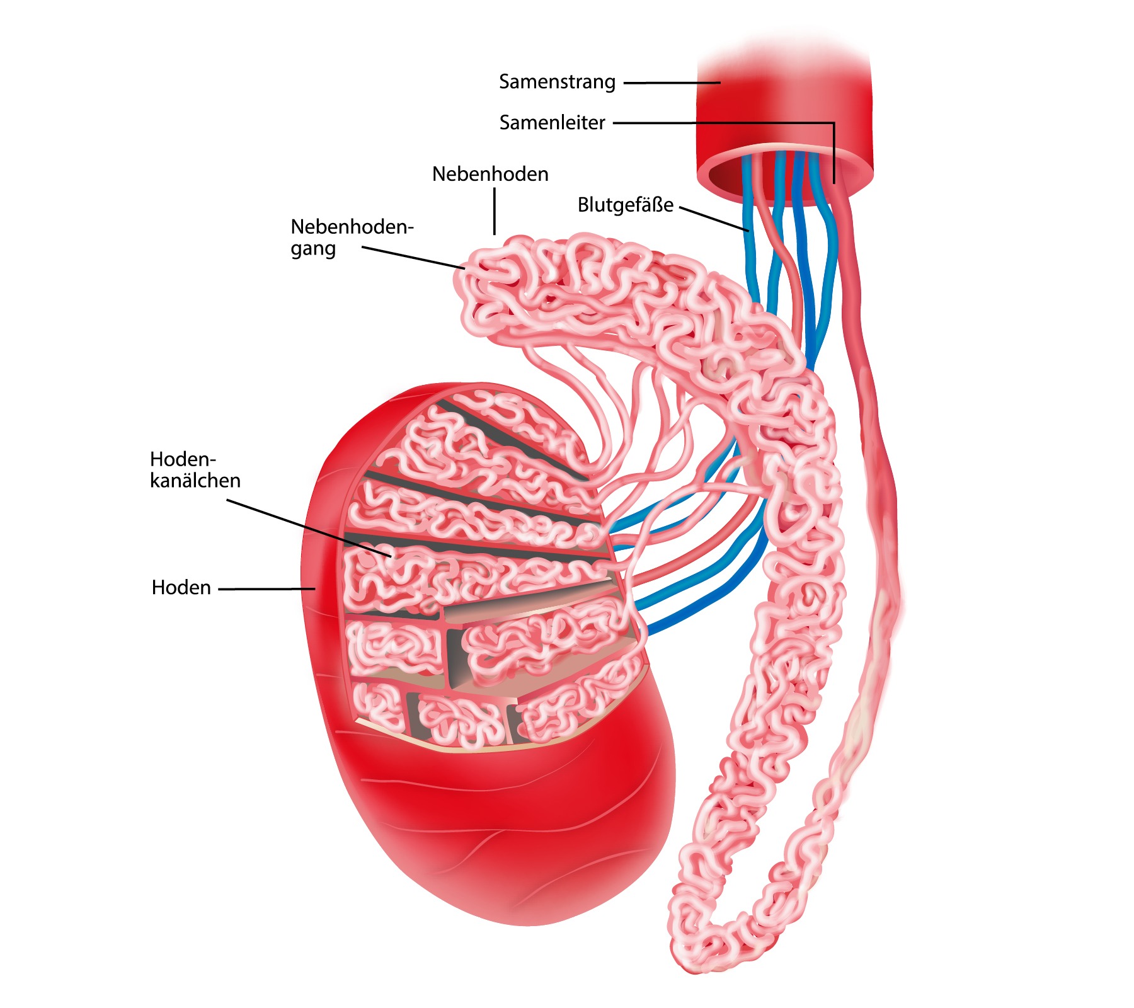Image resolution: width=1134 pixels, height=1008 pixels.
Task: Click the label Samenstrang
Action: (557, 82)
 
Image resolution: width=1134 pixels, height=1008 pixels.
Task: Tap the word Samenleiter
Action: (552, 122)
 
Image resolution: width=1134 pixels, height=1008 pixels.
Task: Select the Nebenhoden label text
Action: (490, 174)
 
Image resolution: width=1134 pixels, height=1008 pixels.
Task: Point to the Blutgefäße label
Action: (625, 205)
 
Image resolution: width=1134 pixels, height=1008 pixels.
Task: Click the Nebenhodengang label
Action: (351, 237)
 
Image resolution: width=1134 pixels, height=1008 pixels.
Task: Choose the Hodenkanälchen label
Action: (195, 469)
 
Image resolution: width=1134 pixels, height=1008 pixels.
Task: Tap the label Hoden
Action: (181, 587)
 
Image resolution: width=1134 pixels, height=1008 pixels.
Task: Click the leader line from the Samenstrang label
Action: (672, 83)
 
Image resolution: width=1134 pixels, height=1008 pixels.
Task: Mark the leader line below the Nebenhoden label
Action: (495, 211)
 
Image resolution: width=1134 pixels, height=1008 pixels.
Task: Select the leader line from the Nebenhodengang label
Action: (413, 258)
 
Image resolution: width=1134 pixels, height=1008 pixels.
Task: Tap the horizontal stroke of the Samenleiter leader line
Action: (724, 123)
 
